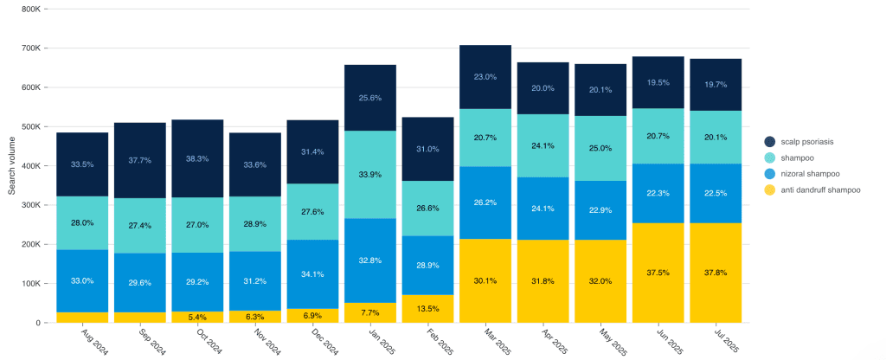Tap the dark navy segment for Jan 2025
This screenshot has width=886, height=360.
click(370, 98)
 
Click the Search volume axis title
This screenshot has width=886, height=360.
click(12, 165)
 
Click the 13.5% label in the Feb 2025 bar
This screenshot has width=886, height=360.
click(427, 308)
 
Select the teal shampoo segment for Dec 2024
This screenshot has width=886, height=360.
click(313, 212)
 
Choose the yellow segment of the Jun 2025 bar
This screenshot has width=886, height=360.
click(658, 273)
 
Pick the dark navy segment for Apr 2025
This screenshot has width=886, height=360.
click(543, 88)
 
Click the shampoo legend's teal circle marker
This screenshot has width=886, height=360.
click(769, 157)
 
